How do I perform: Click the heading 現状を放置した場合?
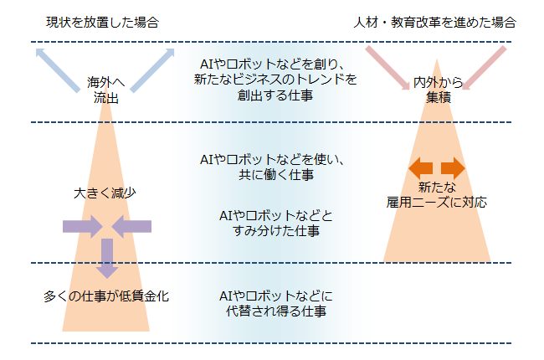(x=102, y=23)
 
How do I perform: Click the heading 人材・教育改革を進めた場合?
(x=434, y=23)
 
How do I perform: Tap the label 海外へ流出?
(x=105, y=90)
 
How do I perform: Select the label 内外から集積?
(x=439, y=90)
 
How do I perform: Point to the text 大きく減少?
(x=105, y=193)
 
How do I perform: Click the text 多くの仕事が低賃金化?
(x=106, y=296)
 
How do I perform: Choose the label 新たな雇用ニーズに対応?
(x=437, y=195)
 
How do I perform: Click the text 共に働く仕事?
(x=276, y=175)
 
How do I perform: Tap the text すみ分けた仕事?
(x=276, y=231)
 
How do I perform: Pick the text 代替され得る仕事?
(x=276, y=311)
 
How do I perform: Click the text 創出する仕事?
(x=275, y=95)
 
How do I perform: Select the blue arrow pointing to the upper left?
(x=58, y=70)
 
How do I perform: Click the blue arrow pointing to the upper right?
(x=152, y=70)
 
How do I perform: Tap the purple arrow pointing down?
(x=107, y=259)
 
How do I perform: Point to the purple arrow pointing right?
(x=83, y=227)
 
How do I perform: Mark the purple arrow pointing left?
(x=131, y=227)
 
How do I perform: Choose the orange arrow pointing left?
(x=421, y=168)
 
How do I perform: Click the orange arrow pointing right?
(x=453, y=168)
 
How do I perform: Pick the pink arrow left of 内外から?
(x=387, y=68)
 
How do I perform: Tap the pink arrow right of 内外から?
(x=485, y=68)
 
